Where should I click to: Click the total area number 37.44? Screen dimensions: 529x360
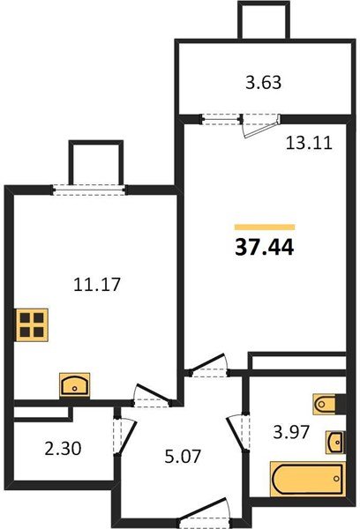[x=264, y=249]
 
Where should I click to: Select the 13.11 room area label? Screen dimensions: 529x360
[x=308, y=146]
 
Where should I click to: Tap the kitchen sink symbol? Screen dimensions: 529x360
[x=74, y=384]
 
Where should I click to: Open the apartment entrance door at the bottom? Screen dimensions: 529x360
[x=203, y=510]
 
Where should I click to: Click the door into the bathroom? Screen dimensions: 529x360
[x=236, y=433]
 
